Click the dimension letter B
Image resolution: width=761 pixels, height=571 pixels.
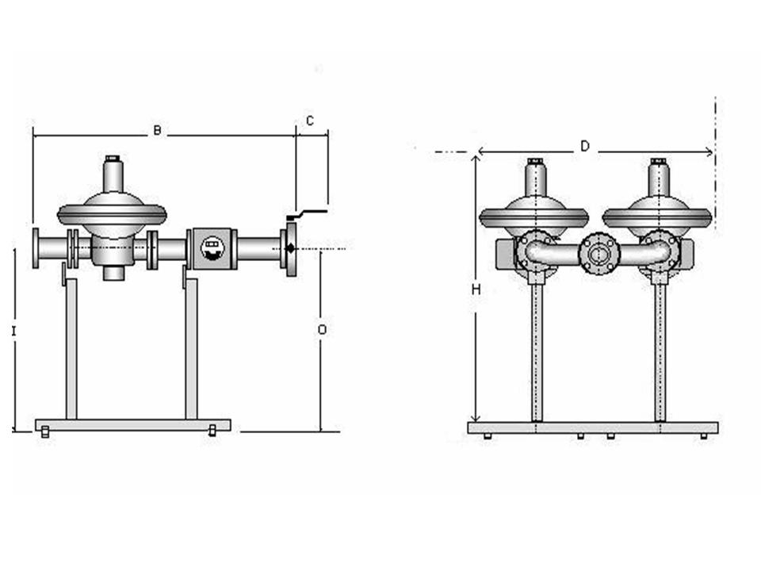click(157, 130)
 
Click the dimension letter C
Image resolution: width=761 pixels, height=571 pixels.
click(310, 121)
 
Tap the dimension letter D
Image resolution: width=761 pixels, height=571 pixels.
click(585, 146)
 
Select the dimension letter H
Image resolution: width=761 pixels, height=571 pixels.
click(476, 289)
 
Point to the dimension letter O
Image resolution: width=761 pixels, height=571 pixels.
click(322, 330)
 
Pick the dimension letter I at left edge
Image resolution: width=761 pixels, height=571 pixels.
click(13, 331)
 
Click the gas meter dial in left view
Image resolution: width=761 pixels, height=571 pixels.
click(212, 247)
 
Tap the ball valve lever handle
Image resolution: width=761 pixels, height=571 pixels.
click(308, 214)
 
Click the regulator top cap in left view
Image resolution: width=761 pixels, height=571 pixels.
click(113, 159)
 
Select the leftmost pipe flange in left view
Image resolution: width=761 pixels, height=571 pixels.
click(36, 247)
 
